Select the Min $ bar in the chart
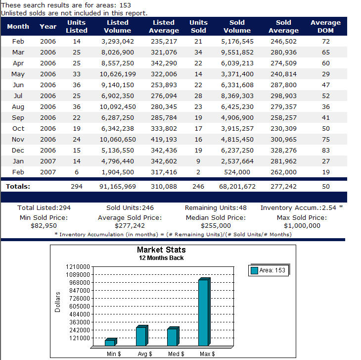pyautogui.click(x=111, y=342)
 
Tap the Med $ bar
pyautogui.click(x=173, y=336)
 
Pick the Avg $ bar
pyautogui.click(x=142, y=335)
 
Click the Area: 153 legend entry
pyautogui.click(x=268, y=270)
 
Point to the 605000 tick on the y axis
pyautogui.click(x=80, y=307)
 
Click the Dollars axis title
pyautogui.click(x=57, y=302)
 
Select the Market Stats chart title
pyautogui.click(x=161, y=250)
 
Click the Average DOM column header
pyautogui.click(x=325, y=27)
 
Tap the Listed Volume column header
pyautogui.click(x=117, y=27)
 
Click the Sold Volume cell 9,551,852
pyautogui.click(x=237, y=52)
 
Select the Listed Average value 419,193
pyautogui.click(x=164, y=140)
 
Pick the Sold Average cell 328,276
pyautogui.click(x=283, y=150)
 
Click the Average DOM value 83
pyautogui.click(x=326, y=150)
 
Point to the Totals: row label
pyautogui.click(x=18, y=186)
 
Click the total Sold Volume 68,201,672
pyautogui.click(x=237, y=187)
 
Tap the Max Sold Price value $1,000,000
pyautogui.click(x=302, y=226)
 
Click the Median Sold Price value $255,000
pyautogui.click(x=216, y=226)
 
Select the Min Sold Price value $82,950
pyautogui.click(x=44, y=226)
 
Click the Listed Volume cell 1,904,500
pyautogui.click(x=118, y=172)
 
